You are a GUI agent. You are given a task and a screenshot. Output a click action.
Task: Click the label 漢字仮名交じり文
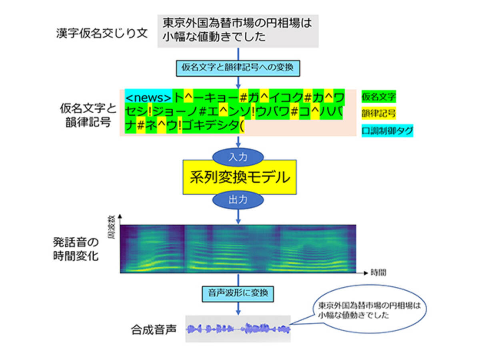[102, 33]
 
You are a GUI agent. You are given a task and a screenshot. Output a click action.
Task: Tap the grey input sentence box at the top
[238, 30]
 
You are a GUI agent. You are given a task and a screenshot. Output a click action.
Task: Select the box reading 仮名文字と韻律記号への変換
[238, 67]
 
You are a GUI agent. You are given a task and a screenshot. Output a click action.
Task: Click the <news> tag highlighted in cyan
[148, 98]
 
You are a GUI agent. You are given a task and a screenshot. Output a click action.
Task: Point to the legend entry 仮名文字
[378, 96]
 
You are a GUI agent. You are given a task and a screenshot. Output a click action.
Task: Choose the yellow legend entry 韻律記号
[378, 114]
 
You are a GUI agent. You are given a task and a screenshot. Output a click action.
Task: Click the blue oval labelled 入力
[238, 157]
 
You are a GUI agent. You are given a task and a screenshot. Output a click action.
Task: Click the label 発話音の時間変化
[76, 249]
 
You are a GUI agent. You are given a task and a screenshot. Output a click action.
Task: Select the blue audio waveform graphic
[238, 329]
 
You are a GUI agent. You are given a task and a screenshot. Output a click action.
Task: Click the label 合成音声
[154, 330]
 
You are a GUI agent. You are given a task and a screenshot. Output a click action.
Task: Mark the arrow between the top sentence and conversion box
[238, 54]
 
